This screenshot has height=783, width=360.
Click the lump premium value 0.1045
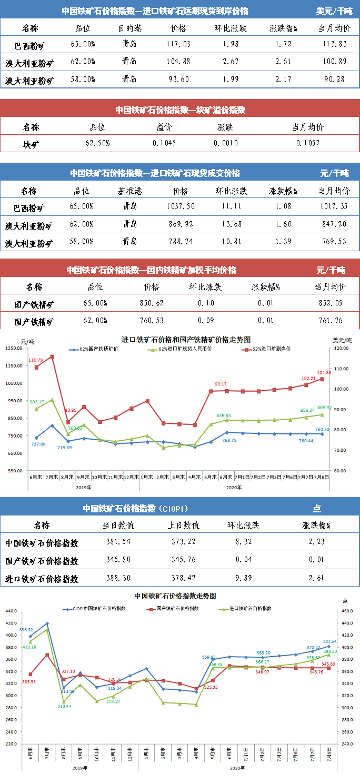164,143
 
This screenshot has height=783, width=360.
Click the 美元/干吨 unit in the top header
334,11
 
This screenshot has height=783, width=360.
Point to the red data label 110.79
36,360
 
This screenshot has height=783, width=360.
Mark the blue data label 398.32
26,630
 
